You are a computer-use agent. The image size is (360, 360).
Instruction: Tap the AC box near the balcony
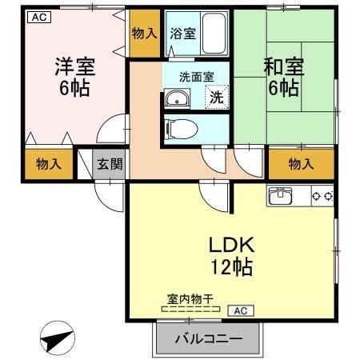240,310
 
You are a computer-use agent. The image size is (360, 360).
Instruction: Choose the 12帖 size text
230,267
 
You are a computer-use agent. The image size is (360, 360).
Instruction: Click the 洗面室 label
195,78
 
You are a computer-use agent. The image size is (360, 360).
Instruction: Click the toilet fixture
178,128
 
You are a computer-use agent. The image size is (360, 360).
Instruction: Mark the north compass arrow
55,339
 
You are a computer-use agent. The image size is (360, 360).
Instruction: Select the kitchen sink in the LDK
284,196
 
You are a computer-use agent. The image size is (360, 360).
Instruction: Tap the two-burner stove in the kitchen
322,195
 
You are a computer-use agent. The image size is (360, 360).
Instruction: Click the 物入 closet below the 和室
300,165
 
